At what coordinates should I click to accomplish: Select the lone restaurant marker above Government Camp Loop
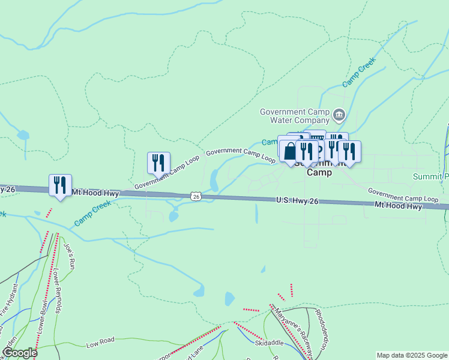click(x=158, y=162)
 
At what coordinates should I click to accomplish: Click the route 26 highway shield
click(x=196, y=196)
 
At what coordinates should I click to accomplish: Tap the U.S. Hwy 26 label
click(x=297, y=201)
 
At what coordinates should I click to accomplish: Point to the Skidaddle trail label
click(x=268, y=344)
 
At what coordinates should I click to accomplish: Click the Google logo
click(x=19, y=353)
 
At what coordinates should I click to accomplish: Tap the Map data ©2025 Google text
click(x=412, y=355)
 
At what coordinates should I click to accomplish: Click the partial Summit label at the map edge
click(x=431, y=177)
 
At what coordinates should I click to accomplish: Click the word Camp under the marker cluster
click(x=319, y=172)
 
